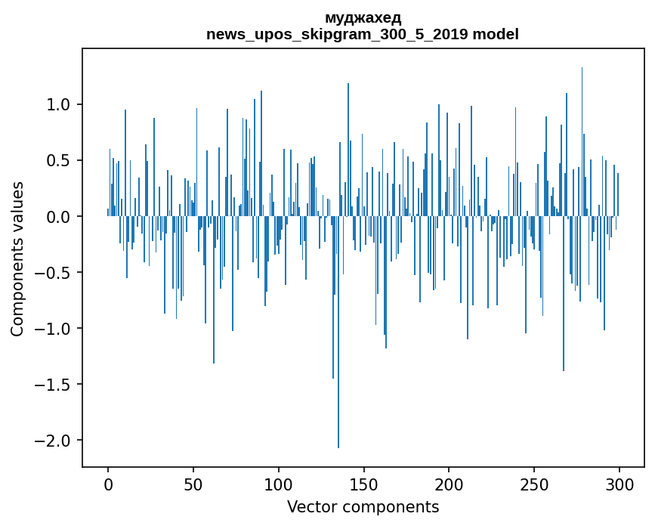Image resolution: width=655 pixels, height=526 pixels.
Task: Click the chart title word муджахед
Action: (363, 17)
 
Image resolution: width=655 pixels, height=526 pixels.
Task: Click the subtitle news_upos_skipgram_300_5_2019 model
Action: (363, 34)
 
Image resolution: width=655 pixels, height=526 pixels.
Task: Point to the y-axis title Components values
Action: (17, 258)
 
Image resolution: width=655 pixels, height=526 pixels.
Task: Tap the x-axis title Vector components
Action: (363, 506)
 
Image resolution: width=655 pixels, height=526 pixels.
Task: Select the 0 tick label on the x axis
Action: (108, 484)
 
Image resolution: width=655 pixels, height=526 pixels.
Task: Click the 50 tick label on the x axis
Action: (193, 484)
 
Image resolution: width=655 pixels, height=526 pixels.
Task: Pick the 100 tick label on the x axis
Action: (279, 484)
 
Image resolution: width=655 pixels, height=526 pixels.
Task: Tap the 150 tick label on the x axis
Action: (363, 484)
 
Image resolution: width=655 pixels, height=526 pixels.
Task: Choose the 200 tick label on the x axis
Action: (449, 484)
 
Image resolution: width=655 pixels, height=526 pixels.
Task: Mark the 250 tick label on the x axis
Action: (534, 484)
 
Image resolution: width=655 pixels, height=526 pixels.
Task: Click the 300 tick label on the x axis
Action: (619, 484)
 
